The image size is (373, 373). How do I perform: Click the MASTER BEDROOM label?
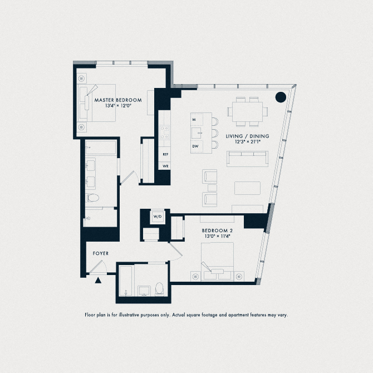[117, 100]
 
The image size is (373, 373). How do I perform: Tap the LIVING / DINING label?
[248, 136]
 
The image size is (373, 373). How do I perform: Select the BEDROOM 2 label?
[216, 230]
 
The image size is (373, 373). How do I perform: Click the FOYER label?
[101, 254]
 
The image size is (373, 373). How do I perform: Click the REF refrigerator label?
[165, 154]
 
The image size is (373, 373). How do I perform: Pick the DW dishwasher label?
[195, 146]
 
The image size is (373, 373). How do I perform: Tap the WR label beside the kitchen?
[165, 166]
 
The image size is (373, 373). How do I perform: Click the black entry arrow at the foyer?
[99, 280]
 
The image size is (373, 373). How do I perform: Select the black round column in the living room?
[281, 97]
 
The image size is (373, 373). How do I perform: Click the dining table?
[248, 111]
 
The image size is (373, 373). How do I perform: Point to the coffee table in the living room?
[247, 188]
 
